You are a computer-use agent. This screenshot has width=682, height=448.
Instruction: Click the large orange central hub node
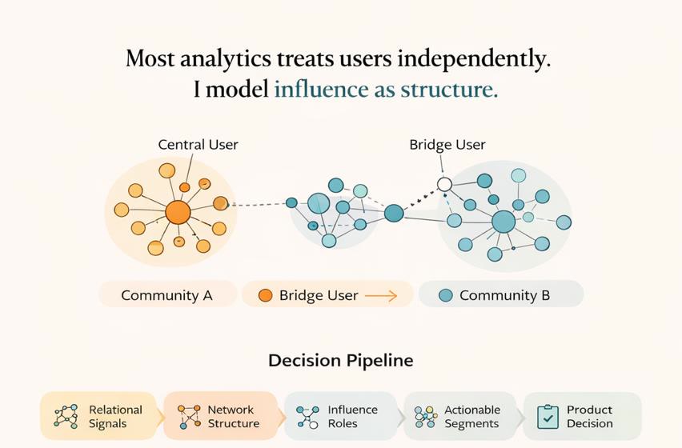[178, 212]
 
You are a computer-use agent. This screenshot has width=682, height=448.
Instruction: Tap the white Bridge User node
[444, 185]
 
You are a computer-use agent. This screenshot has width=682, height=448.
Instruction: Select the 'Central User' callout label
[198, 145]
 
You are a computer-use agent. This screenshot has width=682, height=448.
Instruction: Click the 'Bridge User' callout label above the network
[447, 145]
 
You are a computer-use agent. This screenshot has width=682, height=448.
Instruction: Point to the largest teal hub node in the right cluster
[503, 222]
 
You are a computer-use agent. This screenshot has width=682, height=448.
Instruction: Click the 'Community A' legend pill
[166, 295]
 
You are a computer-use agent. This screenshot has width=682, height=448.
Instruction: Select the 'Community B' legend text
[504, 295]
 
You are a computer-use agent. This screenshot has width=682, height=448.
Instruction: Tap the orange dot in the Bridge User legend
[266, 295]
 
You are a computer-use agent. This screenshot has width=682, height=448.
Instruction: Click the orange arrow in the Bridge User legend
[381, 295]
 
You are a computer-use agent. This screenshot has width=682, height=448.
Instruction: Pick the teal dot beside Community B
[446, 295]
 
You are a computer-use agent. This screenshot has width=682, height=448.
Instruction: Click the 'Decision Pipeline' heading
[341, 360]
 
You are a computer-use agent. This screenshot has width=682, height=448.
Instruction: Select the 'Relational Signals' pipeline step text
[115, 416]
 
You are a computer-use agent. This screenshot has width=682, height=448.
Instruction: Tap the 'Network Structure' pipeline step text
[233, 416]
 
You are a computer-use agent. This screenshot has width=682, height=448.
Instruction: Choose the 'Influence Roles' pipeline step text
[352, 416]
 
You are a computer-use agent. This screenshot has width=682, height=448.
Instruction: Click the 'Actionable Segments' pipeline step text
[471, 416]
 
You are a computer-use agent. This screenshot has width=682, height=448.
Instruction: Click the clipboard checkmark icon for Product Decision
[548, 416]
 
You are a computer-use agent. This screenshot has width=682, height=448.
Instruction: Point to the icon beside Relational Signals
[66, 416]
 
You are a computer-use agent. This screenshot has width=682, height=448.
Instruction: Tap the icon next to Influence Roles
[307, 416]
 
